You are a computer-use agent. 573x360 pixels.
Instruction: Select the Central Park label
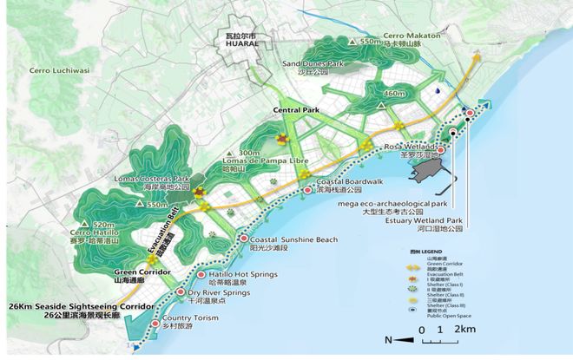pyautogui.click(x=296, y=111)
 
